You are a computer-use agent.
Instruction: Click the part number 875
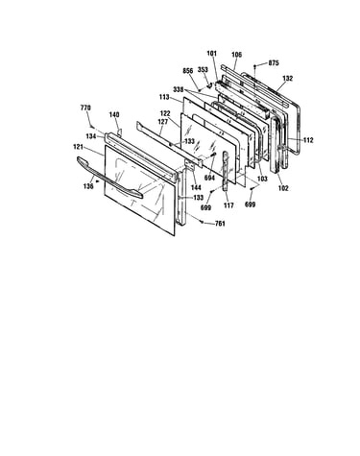coord(274,63)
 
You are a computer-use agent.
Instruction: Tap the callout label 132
coord(287,79)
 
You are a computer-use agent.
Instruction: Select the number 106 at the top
coord(236,55)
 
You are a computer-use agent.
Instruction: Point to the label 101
coord(212,54)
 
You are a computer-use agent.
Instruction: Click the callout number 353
coord(203,70)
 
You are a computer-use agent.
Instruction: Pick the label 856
coord(188,71)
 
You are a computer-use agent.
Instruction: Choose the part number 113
coord(164,97)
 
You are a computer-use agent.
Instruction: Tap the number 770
coord(85,108)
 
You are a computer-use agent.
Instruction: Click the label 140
coord(114,114)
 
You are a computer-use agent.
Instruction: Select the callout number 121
coord(78,147)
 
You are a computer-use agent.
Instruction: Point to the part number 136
coord(88,186)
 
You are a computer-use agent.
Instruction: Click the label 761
coord(220,224)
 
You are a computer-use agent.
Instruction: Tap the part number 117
coord(228,205)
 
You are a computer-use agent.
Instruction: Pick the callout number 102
coord(283,188)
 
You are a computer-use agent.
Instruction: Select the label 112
coord(308,140)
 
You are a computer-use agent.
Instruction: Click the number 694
coord(209,178)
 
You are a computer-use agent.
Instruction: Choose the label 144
coord(196,187)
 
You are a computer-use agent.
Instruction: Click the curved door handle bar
coord(108,179)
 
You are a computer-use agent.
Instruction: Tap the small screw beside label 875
coord(254,66)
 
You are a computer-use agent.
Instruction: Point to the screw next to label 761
coord(202,221)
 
